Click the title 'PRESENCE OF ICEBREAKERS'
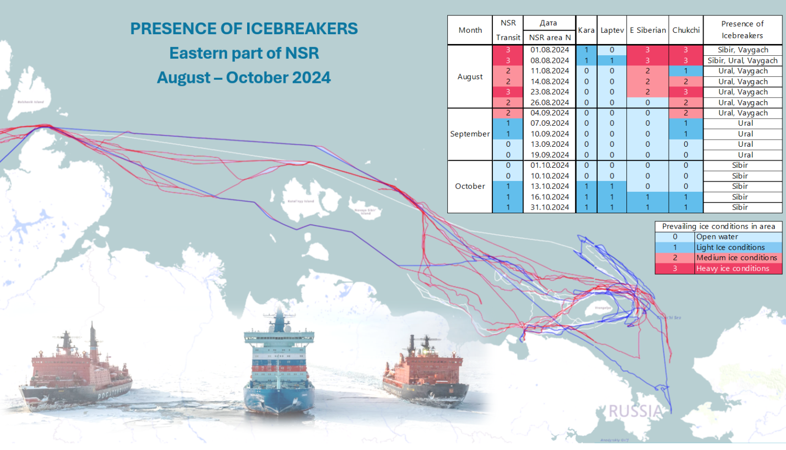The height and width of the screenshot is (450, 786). [244, 29]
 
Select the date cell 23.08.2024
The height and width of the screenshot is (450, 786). [550, 92]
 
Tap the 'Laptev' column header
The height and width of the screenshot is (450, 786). [612, 30]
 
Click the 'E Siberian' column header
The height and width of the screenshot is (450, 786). [648, 30]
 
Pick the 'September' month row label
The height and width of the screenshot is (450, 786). [470, 134]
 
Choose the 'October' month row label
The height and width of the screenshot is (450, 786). [470, 186]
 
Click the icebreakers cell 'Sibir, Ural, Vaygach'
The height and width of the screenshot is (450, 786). [743, 60]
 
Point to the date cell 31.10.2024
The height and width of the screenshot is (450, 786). [550, 207]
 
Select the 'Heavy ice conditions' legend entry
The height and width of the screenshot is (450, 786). [732, 268]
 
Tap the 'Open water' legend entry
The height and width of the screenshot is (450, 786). [717, 237]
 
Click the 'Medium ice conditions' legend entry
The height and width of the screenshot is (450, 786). [736, 258]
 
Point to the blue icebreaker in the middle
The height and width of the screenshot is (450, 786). [279, 368]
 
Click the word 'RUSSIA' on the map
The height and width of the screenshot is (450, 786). [635, 411]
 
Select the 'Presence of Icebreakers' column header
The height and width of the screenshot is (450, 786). [742, 30]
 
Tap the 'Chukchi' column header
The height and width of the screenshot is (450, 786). [686, 30]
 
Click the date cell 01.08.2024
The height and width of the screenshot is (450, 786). [550, 50]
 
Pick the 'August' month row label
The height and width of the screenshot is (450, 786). [470, 77]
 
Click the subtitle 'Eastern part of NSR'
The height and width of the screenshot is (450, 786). [244, 53]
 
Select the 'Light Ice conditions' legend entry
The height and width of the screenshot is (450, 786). [730, 247]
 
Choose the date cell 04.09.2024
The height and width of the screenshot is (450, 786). [550, 113]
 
